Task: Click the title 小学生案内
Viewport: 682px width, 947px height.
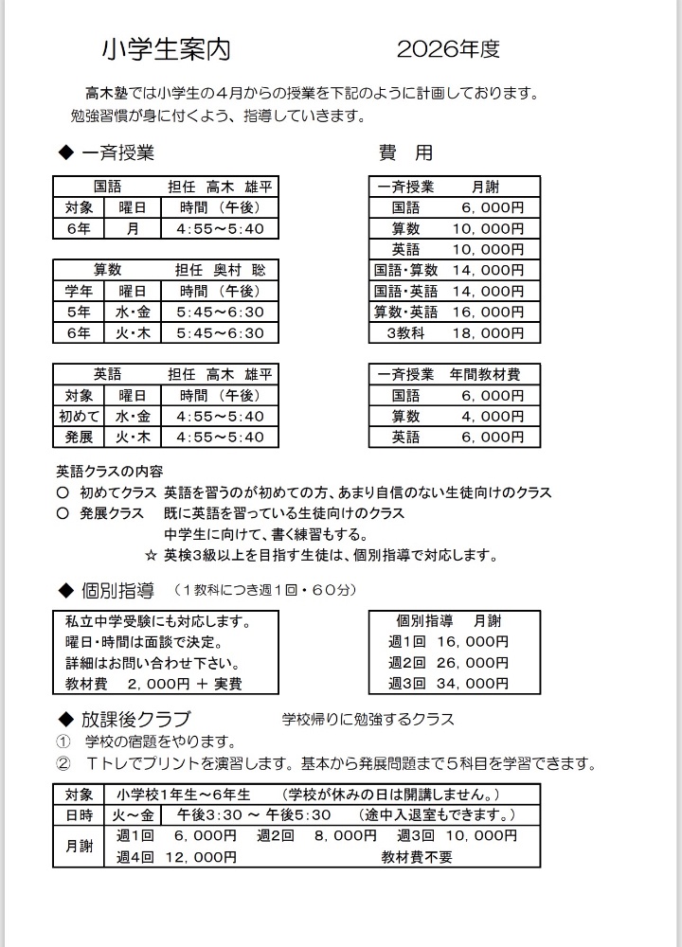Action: [x=166, y=49]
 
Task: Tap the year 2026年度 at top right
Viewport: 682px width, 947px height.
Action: [x=448, y=49]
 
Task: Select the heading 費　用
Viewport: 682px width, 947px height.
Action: [x=405, y=152]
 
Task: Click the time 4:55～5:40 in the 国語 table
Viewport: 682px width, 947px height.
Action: [x=220, y=228]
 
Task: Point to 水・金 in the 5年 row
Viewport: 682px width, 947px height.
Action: [x=133, y=312]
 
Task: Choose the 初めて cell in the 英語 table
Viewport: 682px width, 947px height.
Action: [x=79, y=416]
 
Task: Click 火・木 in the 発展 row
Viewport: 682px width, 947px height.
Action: [x=133, y=437]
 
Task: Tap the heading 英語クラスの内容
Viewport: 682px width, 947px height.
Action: [x=110, y=471]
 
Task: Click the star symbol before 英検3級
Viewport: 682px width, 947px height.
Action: [x=151, y=555]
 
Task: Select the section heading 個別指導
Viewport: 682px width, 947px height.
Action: [x=118, y=591]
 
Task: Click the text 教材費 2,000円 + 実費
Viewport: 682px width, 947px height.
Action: [x=153, y=683]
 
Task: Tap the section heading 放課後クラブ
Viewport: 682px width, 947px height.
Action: [x=136, y=719]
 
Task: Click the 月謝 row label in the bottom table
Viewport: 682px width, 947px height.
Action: [x=79, y=847]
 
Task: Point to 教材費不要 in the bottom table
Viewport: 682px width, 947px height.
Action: [x=417, y=857]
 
